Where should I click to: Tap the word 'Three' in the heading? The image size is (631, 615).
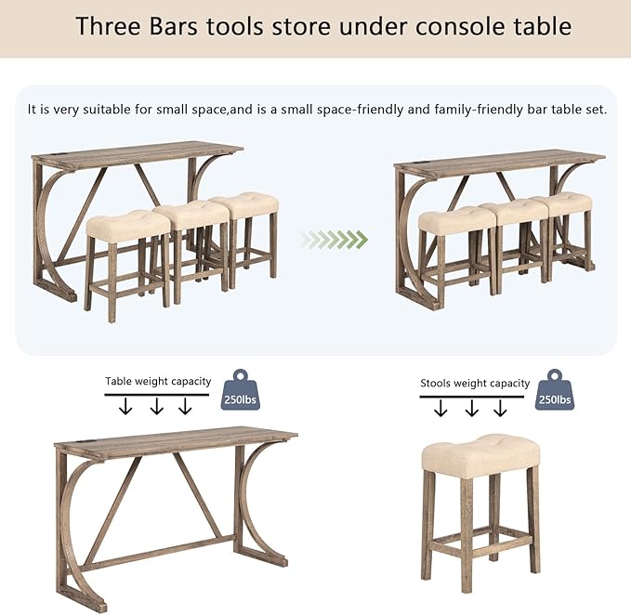pyautogui.click(x=108, y=27)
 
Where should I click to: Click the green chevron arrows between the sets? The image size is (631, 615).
pyautogui.click(x=334, y=240)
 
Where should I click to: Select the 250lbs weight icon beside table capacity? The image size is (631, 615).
pyautogui.click(x=241, y=390)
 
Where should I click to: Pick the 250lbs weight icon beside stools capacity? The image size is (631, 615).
pyautogui.click(x=555, y=390)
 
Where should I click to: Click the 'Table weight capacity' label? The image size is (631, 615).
pyautogui.click(x=158, y=381)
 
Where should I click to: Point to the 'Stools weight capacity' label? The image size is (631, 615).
pyautogui.click(x=475, y=384)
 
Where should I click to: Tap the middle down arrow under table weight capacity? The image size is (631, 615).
pyautogui.click(x=156, y=406)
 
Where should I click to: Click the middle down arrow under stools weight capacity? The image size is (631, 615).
pyautogui.click(x=472, y=408)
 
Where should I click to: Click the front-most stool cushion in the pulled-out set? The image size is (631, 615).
pyautogui.click(x=128, y=226)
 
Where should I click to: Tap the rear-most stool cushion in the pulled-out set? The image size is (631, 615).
pyautogui.click(x=243, y=206)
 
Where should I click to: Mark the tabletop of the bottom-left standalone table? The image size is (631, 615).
pyautogui.click(x=176, y=441)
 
